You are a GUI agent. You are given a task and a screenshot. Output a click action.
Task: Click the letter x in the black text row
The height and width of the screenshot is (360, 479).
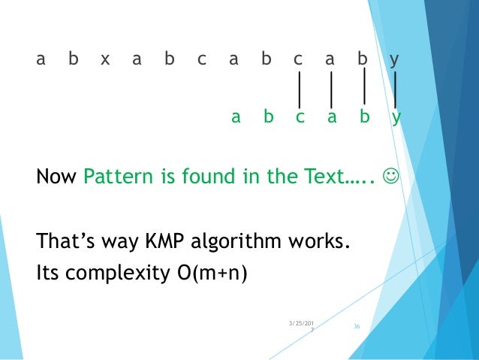(104, 59)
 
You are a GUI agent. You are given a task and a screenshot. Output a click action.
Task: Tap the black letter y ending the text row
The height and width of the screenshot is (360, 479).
(394, 59)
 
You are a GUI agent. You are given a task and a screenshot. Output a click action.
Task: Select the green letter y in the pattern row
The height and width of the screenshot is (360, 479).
(396, 117)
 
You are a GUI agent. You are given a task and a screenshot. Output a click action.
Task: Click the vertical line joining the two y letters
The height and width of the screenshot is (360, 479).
(396, 89)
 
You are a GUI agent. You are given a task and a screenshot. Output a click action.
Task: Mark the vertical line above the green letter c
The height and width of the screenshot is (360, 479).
(300, 89)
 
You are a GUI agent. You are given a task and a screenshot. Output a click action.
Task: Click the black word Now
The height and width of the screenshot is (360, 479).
(57, 178)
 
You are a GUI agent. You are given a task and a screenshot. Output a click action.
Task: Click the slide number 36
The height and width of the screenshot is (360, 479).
(357, 326)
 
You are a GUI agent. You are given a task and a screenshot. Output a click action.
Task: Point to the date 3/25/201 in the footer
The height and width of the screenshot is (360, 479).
(302, 323)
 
